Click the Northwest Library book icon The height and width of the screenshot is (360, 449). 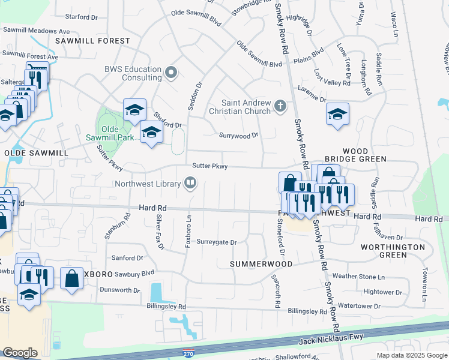point(190,183)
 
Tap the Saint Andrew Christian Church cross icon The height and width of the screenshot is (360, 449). point(279,106)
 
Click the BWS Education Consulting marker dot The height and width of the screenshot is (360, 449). point(171,73)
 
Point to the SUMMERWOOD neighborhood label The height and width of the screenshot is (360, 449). point(262,264)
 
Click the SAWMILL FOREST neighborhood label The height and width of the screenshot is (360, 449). point(92,41)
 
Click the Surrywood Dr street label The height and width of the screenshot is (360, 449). point(238,136)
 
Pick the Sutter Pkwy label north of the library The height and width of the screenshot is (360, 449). point(209,166)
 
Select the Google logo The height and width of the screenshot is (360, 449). point(20,353)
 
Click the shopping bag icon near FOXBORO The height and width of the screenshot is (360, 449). point(71,278)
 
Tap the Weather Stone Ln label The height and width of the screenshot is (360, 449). point(358,277)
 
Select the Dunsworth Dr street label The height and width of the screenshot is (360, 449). point(119,290)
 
